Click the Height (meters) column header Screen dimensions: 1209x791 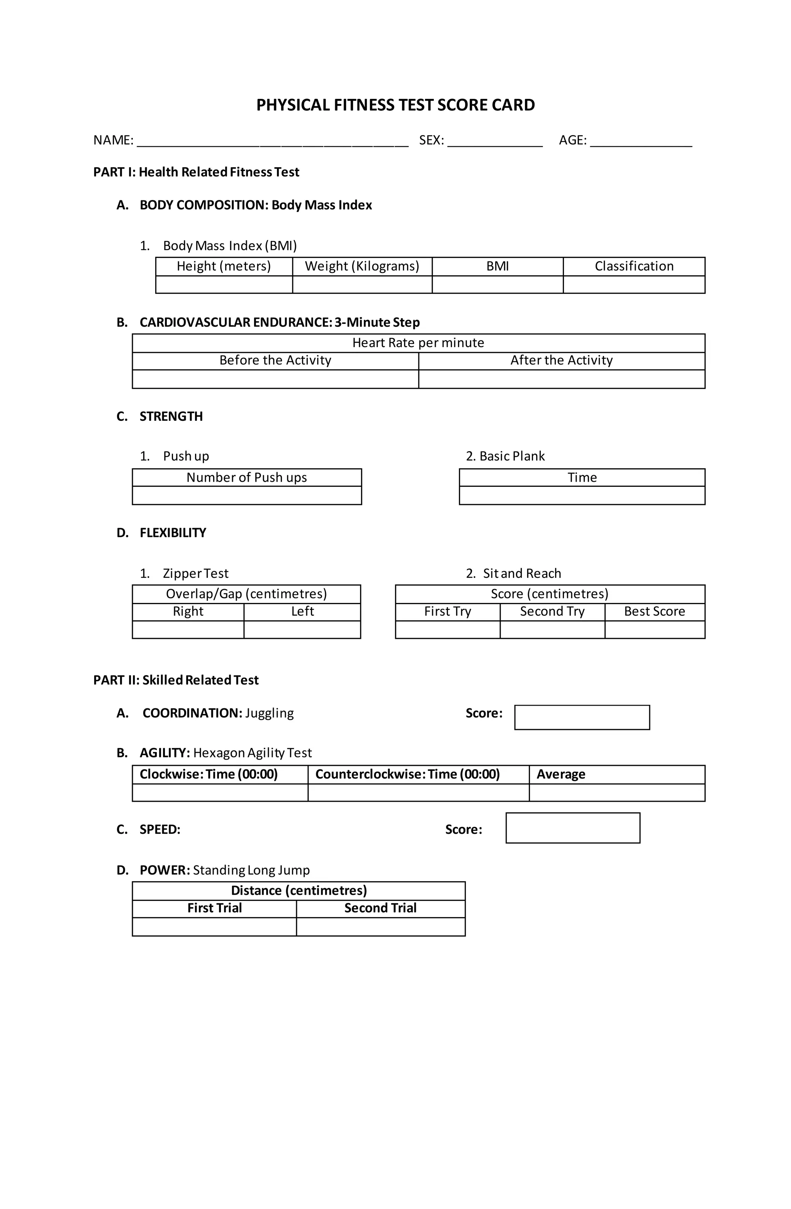tap(224, 266)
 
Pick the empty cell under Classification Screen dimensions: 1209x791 tap(633, 284)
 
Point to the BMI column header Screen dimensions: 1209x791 tap(497, 266)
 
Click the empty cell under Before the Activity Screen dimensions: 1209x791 tap(275, 379)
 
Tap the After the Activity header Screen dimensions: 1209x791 tap(561, 360)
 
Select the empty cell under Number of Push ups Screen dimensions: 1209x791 tap(246, 495)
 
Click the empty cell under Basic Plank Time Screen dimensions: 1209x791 tap(582, 495)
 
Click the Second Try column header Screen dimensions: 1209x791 tap(552, 611)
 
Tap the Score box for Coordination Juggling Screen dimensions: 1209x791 tap(582, 717)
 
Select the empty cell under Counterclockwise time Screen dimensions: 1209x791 tap(418, 792)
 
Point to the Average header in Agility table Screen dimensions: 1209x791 tap(561, 774)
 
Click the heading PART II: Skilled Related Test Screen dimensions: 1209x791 tap(176, 680)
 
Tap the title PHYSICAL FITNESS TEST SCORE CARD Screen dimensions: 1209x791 tap(395, 105)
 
